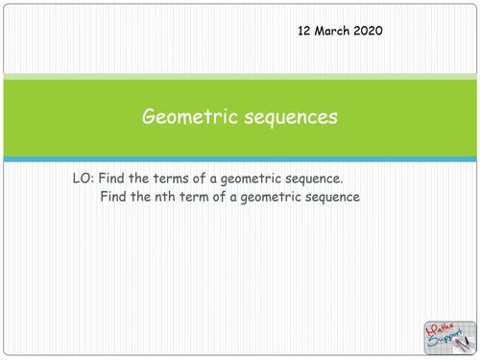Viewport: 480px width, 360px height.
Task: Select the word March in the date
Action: [332, 31]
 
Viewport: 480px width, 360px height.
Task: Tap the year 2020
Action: [369, 31]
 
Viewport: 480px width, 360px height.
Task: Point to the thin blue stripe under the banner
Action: [240, 158]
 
